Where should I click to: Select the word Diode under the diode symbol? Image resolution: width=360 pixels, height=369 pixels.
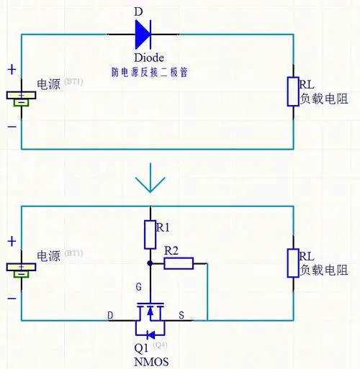pyautogui.click(x=150, y=58)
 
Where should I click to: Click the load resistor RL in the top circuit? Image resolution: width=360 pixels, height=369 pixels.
pyautogui.click(x=292, y=91)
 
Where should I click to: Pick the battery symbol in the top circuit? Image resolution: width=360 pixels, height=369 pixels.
pyautogui.click(x=22, y=98)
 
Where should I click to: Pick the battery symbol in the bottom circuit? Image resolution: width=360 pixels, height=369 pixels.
pyautogui.click(x=22, y=270)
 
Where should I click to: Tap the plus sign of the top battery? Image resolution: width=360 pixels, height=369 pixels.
pyautogui.click(x=12, y=70)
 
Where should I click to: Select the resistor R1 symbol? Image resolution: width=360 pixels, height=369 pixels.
pyautogui.click(x=150, y=234)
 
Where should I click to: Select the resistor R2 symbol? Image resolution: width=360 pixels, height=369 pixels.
pyautogui.click(x=179, y=263)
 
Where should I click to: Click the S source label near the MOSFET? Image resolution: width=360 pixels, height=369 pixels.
pyautogui.click(x=181, y=315)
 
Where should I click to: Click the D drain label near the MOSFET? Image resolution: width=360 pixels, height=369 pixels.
pyautogui.click(x=110, y=315)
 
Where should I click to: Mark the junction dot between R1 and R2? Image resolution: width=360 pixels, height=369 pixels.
pyautogui.click(x=150, y=263)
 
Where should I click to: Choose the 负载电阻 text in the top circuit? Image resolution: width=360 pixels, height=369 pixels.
pyautogui.click(x=324, y=99)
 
